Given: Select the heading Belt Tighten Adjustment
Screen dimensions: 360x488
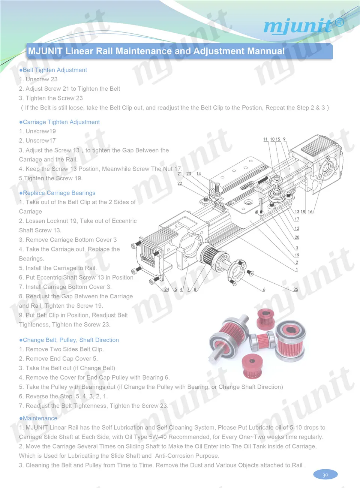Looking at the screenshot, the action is point(53,70).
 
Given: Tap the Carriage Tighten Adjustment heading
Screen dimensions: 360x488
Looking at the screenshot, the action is point(60,122).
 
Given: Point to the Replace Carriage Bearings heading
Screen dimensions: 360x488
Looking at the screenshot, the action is point(57,193).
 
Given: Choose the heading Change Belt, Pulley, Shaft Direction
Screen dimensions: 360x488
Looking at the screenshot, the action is point(69,340).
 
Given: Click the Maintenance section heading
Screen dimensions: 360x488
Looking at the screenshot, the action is point(38,418).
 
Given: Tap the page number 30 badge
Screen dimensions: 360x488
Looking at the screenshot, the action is point(325,475).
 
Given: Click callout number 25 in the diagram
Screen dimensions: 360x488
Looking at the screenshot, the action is point(296,289).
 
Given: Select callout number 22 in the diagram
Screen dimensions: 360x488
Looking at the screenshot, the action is point(180,183).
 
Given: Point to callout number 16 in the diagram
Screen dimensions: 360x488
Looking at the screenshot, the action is point(310,211).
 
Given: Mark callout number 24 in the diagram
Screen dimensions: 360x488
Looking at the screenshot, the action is point(167,289).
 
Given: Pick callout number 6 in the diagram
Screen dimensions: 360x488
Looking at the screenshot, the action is point(264,289).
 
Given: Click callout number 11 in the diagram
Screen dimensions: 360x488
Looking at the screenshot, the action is point(265,139).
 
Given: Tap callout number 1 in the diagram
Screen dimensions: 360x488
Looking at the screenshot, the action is point(297,269).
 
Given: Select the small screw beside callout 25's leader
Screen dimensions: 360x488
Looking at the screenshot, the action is point(250,272).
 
